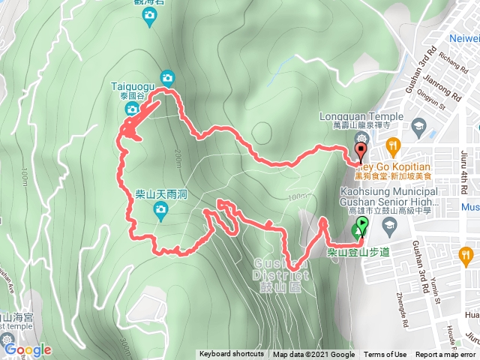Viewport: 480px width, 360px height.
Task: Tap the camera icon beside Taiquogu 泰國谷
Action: [132, 109]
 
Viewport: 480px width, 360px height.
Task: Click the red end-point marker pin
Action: [361, 153]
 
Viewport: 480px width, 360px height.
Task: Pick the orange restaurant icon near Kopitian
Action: [390, 145]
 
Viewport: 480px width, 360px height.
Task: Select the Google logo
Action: [28, 349]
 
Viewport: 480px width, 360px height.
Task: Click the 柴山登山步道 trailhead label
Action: [358, 252]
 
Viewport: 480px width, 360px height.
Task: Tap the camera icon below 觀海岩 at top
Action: [150, 16]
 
